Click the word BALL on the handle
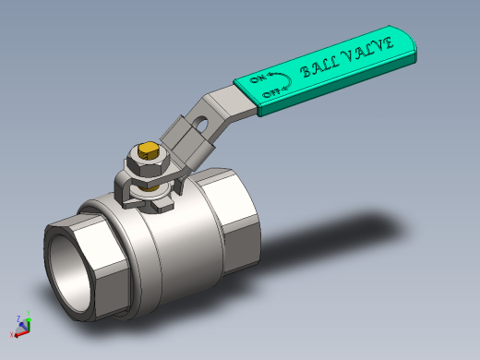click(x=319, y=66)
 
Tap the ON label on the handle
click(x=258, y=78)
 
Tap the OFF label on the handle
click(x=270, y=92)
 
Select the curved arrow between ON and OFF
click(x=290, y=80)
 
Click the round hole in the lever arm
click(x=201, y=124)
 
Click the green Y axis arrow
click(x=29, y=320)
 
